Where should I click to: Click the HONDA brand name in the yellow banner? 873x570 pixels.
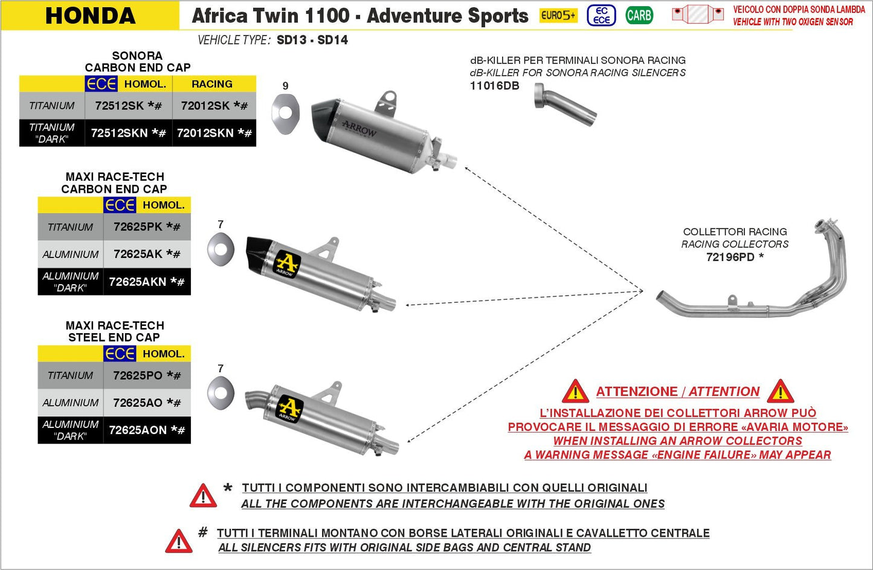point(91,16)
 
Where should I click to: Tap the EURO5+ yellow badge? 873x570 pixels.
point(558,15)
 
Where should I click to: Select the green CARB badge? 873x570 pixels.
point(639,15)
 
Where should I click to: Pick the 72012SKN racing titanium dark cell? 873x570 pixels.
point(213,133)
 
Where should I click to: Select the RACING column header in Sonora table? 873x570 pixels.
point(212,84)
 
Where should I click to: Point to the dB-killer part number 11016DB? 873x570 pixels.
point(494,86)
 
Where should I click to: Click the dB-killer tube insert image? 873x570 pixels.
point(565,105)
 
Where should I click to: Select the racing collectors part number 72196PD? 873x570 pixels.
point(730,257)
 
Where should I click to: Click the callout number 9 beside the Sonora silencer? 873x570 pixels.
point(285,86)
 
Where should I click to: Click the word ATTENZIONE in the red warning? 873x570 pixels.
point(637,392)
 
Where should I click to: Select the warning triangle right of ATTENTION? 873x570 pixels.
point(781,392)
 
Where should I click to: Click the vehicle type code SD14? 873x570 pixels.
point(332,40)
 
